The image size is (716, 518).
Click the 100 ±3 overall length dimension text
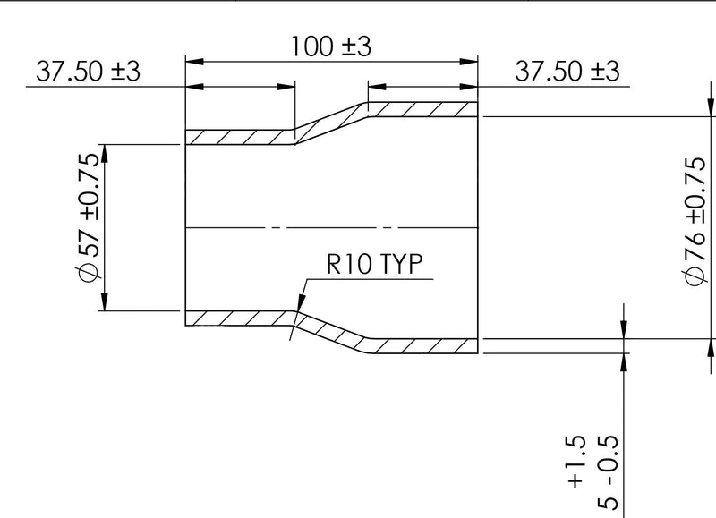pos(330,47)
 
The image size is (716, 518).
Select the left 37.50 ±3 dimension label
pos(88,72)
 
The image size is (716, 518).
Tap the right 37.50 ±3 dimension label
pos(567,72)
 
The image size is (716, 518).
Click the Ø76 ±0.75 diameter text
pos(695,221)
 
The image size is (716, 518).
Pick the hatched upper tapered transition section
pos(331,123)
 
